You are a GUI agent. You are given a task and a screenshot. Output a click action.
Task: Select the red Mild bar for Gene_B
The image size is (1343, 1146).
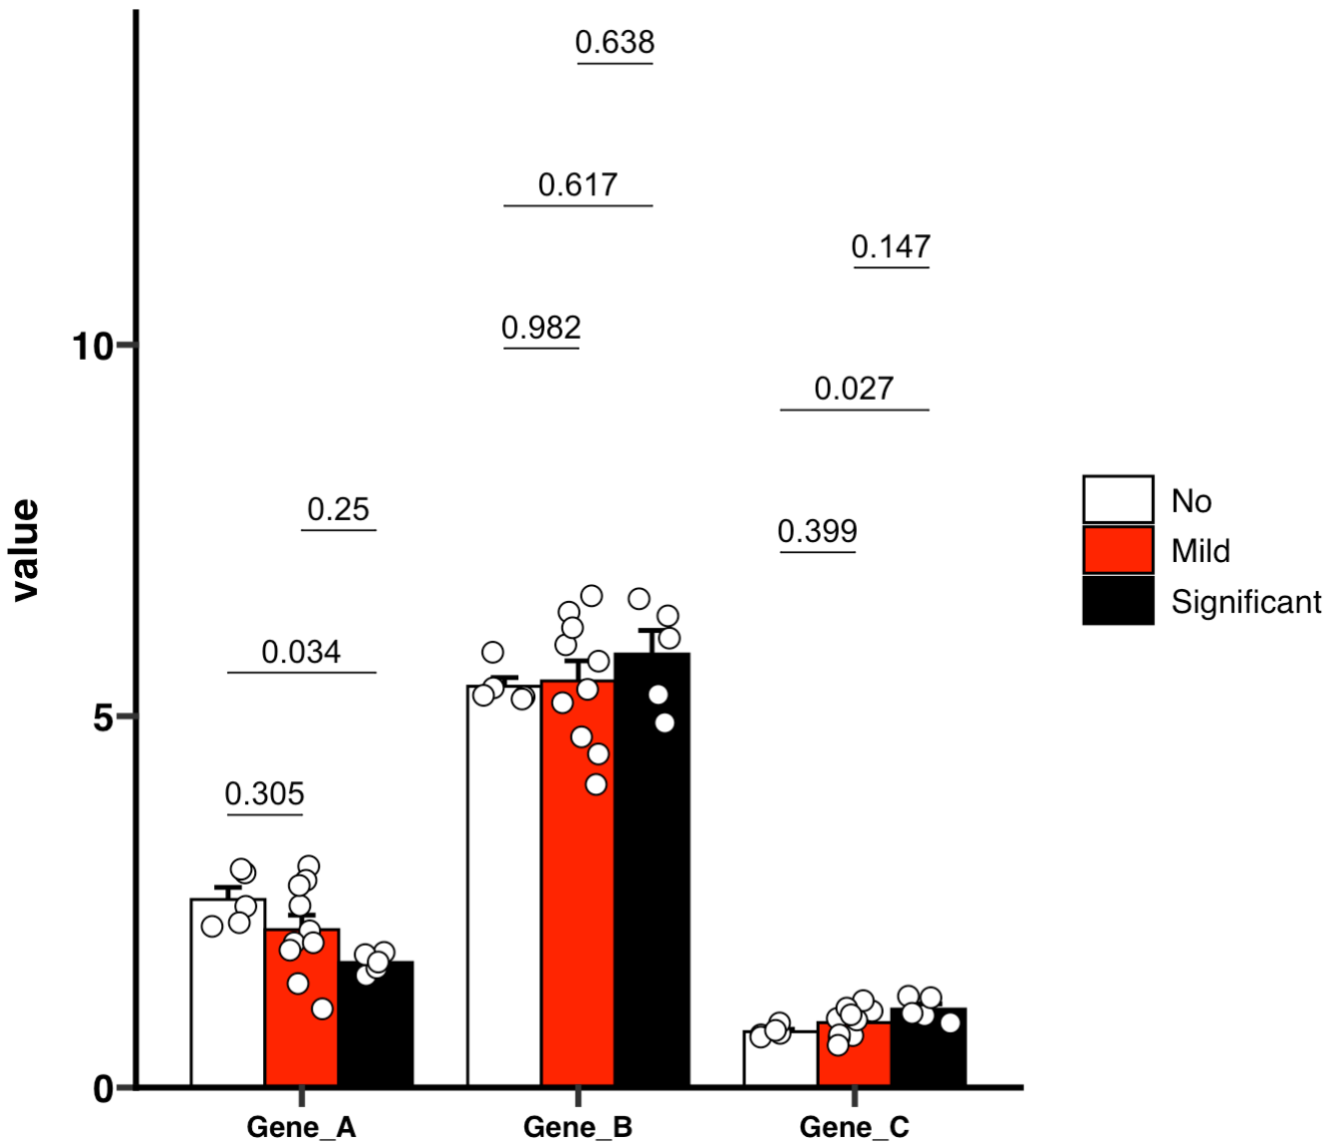[578, 897]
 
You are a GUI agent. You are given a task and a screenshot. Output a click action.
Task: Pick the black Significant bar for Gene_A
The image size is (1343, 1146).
[376, 1026]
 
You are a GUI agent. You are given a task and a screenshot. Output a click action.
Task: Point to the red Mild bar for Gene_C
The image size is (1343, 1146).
[854, 1061]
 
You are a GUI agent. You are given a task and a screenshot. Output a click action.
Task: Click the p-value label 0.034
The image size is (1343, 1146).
[301, 652]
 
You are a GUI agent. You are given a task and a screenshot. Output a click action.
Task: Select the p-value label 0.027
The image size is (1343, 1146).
[854, 389]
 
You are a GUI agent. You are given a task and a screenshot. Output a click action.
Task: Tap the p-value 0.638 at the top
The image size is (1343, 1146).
[615, 42]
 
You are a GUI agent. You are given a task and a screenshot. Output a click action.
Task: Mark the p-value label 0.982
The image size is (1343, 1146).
[541, 328]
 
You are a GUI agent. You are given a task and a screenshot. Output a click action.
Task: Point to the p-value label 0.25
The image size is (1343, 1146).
[338, 509]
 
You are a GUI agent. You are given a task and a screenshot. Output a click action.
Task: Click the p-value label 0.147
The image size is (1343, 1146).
[891, 246]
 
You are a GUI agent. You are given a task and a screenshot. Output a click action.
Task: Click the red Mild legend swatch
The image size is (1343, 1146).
[1118, 550]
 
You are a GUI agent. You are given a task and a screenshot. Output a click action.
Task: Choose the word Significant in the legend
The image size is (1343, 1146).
[1245, 602]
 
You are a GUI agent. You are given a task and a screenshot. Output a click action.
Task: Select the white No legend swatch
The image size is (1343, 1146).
[1118, 499]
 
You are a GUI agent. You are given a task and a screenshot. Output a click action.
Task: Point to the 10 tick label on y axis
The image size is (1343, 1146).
[91, 347]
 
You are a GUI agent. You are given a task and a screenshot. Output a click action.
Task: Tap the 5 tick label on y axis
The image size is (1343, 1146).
[103, 717]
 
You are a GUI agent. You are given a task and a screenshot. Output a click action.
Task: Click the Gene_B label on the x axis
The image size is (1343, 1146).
[578, 1127]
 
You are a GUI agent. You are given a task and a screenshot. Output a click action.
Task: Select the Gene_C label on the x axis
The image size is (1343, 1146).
[854, 1127]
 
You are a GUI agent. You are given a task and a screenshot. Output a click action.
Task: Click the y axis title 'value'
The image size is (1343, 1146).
[25, 550]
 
